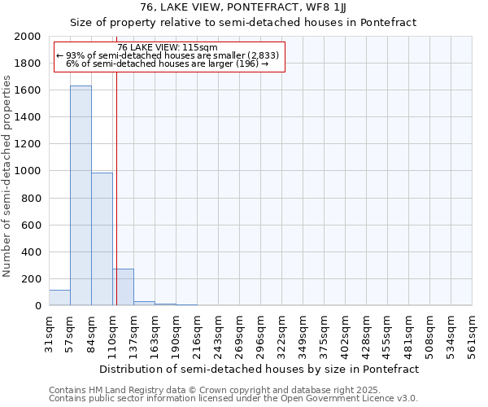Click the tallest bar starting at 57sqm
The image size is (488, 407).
tap(81, 195)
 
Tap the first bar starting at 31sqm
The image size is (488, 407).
tap(59, 297)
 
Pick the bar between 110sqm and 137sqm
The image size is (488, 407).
tap(123, 287)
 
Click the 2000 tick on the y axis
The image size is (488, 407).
tap(28, 37)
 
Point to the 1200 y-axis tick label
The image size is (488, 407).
tap(28, 144)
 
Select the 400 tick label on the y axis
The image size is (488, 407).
tap(33, 252)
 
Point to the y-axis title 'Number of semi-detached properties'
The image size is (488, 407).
tap(7, 177)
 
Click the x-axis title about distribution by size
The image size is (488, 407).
tap(260, 369)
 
